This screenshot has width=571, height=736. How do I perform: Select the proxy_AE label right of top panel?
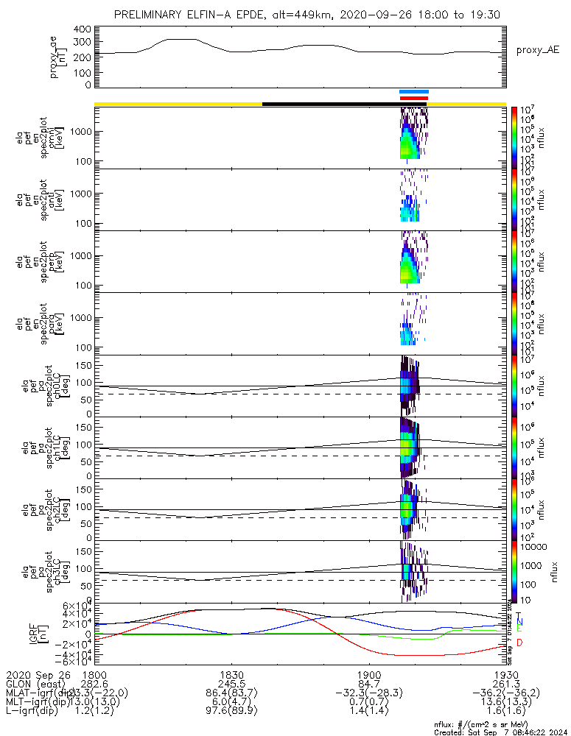click(x=538, y=50)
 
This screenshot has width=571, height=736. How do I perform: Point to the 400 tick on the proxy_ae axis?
click(x=83, y=29)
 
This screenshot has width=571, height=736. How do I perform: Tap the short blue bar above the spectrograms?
click(x=413, y=91)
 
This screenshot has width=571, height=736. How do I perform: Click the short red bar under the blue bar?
click(x=413, y=98)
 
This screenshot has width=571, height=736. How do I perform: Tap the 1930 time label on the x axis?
click(x=505, y=674)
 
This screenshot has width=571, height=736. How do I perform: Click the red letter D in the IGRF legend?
click(x=519, y=643)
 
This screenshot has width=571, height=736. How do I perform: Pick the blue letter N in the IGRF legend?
click(x=519, y=623)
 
